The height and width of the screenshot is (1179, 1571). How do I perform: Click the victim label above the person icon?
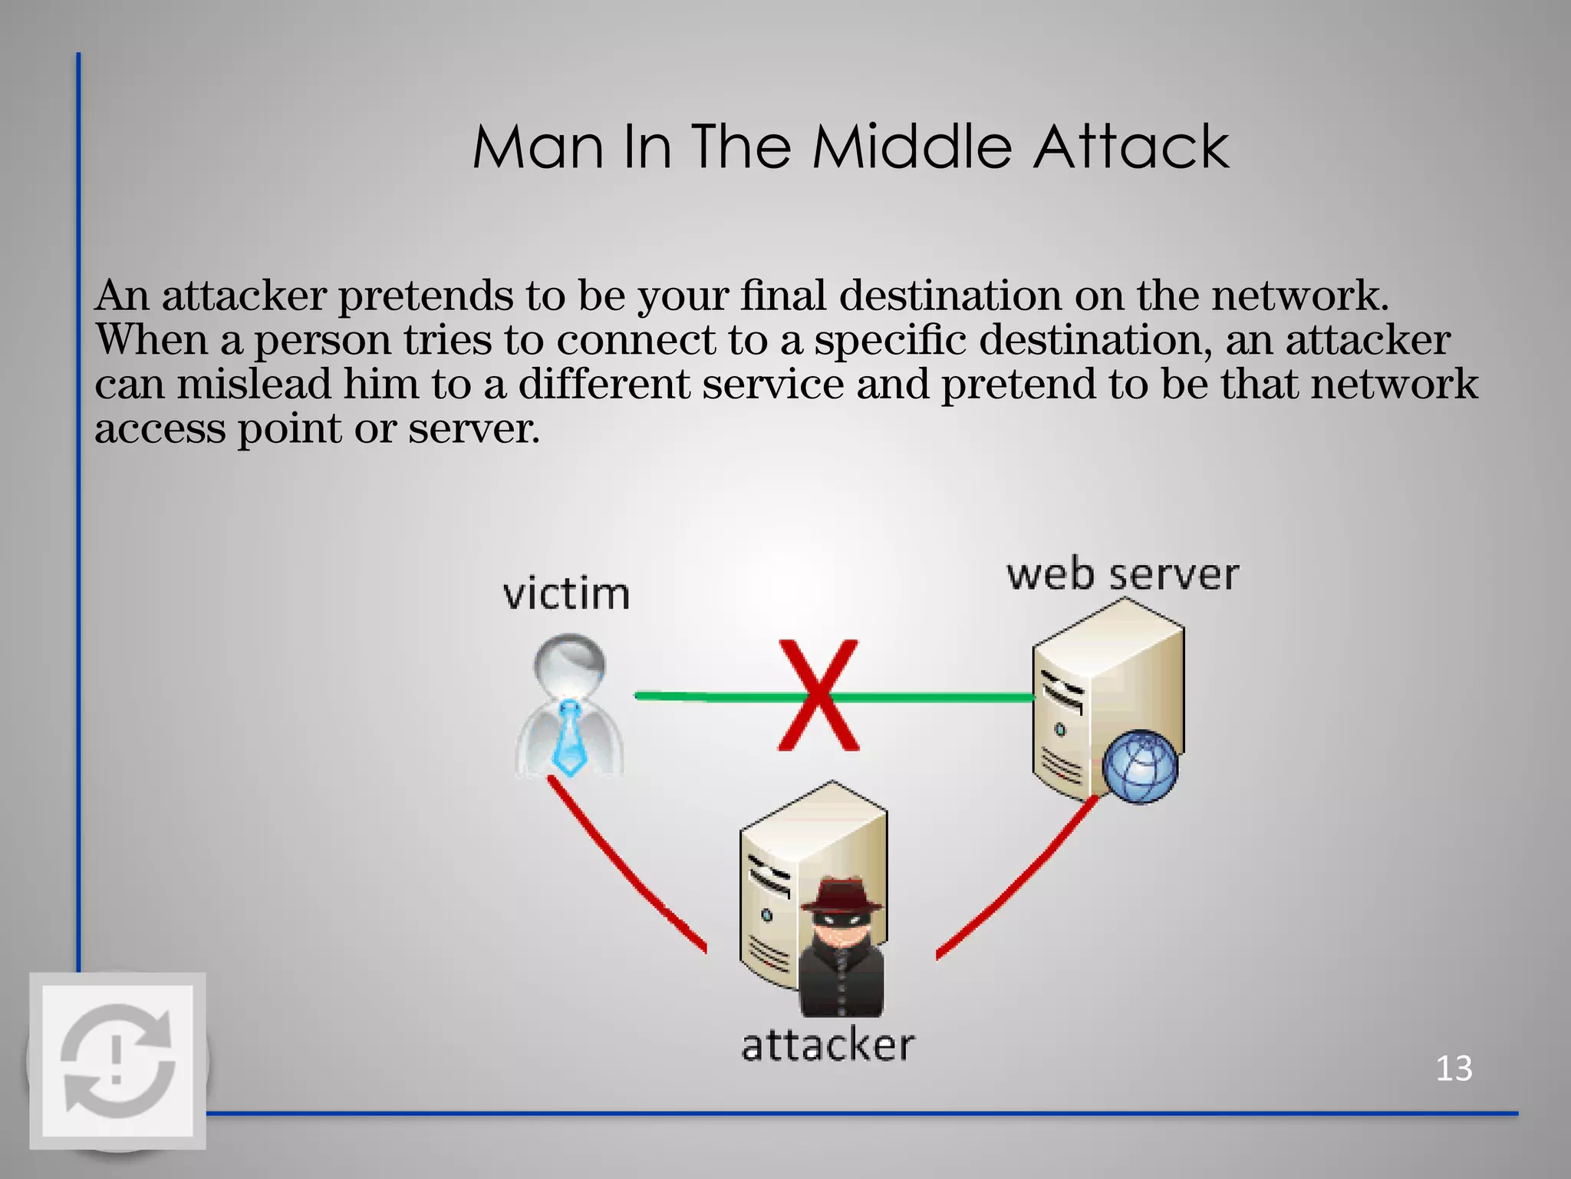tap(566, 594)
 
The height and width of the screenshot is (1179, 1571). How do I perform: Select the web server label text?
tap(1122, 575)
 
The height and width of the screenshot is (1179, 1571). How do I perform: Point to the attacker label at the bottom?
tap(828, 1045)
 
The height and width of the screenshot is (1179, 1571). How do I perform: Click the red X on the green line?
tap(818, 695)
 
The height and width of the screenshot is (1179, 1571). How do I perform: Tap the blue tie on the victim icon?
tap(569, 737)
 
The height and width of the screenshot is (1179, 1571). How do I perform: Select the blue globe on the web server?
tap(1139, 766)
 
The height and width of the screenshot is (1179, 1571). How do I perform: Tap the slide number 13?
tap(1453, 1068)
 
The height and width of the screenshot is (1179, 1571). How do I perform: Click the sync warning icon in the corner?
tap(117, 1061)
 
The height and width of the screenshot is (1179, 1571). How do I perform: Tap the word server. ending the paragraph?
tap(473, 428)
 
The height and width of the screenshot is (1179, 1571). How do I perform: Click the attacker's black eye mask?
tap(842, 916)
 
